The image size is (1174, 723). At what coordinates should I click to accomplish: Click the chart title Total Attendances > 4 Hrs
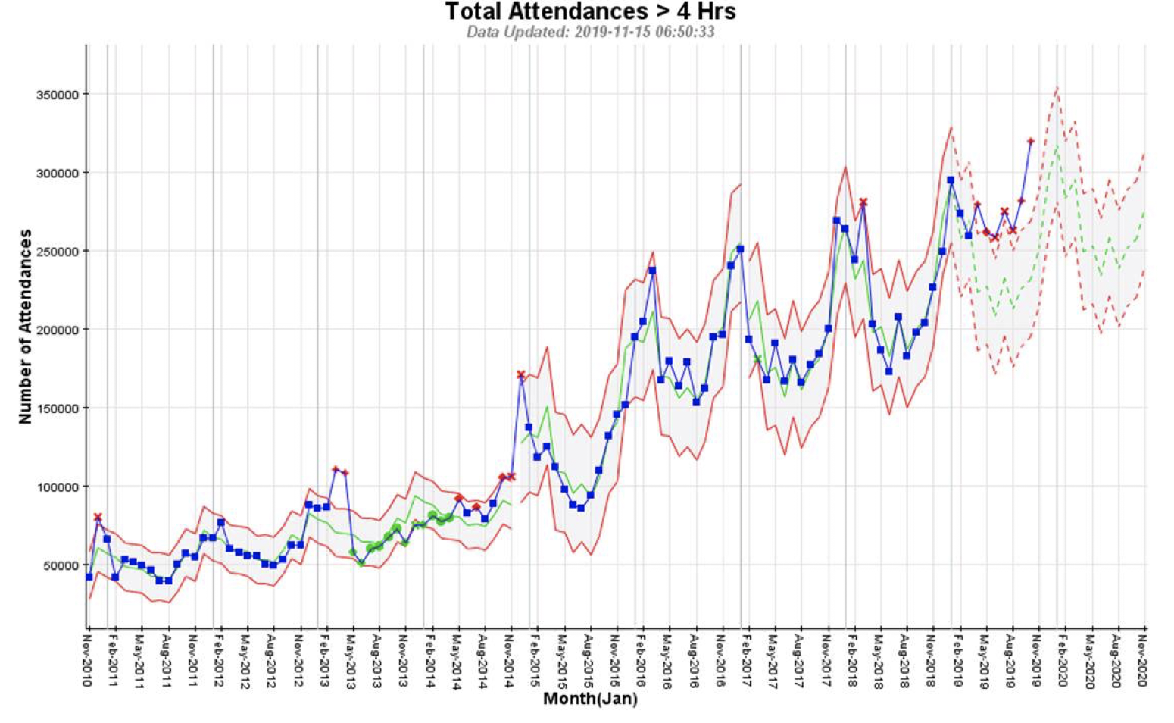coord(590,12)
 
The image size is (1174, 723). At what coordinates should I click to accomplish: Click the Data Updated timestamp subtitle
coord(590,32)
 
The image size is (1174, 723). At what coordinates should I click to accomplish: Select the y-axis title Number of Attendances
coord(26,326)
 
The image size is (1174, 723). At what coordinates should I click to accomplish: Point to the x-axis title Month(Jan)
coord(590,699)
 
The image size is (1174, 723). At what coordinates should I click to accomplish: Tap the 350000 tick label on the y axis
coord(58,95)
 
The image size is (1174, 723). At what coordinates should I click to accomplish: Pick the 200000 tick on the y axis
coord(58,330)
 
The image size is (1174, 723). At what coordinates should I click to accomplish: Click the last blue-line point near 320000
coord(1030,142)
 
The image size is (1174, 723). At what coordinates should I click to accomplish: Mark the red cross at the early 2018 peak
coord(863,202)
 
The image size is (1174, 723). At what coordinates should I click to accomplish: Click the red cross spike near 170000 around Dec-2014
coord(520,374)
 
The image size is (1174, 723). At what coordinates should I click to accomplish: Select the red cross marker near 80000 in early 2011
coord(98,517)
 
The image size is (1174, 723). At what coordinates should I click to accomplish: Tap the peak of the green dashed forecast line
coord(1057,146)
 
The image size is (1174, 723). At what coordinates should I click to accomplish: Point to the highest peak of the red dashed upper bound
coord(1057,88)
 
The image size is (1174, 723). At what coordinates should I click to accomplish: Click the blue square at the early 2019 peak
coord(951,180)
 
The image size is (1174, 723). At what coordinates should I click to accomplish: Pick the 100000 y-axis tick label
coord(58,487)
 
